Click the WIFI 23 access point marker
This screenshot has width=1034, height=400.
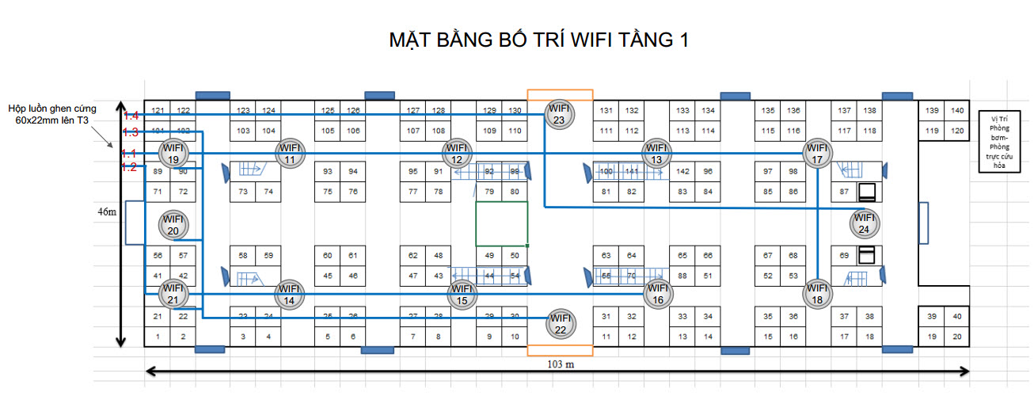click(560, 114)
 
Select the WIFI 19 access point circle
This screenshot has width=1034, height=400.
click(173, 153)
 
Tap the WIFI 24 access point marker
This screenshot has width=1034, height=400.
click(864, 224)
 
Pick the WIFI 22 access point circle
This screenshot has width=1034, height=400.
click(560, 324)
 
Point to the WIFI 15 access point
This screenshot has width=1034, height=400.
click(462, 295)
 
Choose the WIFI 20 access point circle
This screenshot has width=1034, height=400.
click(173, 225)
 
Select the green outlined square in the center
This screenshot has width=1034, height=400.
click(502, 223)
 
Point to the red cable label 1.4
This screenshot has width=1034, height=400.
click(131, 116)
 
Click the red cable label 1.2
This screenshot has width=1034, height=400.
click(131, 167)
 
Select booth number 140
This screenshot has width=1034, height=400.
click(957, 110)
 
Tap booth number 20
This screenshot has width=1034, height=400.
click(957, 337)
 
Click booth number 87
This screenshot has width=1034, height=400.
click(844, 192)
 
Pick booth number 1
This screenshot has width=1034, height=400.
click(158, 337)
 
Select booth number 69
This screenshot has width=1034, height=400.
click(844, 256)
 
